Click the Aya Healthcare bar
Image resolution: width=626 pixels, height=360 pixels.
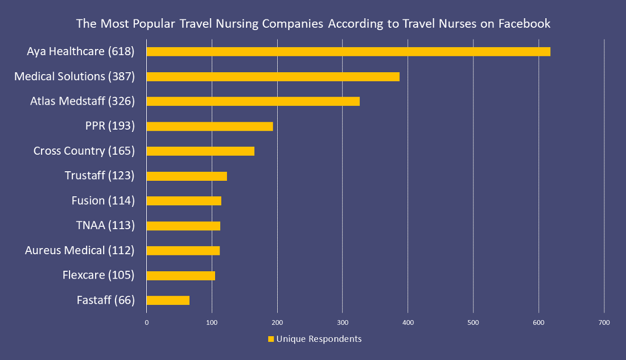click(x=348, y=52)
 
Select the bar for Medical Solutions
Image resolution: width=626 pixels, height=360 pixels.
click(x=273, y=77)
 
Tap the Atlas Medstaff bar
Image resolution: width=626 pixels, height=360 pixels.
click(x=253, y=101)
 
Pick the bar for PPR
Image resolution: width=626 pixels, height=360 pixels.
click(x=210, y=126)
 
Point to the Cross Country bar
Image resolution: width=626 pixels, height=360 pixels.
click(x=200, y=151)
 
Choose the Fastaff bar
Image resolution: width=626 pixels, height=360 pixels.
click(x=168, y=300)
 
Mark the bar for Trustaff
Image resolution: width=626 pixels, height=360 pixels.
click(x=187, y=176)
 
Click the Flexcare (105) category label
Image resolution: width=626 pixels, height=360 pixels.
click(x=98, y=275)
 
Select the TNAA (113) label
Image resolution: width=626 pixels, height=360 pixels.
click(x=105, y=225)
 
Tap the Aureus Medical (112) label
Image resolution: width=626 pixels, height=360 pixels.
click(x=80, y=250)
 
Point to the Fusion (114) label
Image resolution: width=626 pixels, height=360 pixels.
click(x=103, y=201)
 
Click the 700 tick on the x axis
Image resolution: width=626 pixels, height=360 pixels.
click(x=604, y=322)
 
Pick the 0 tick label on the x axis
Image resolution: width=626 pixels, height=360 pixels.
click(x=147, y=322)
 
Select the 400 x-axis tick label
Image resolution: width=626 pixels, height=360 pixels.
click(x=408, y=322)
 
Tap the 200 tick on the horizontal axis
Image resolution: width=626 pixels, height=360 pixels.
click(x=278, y=322)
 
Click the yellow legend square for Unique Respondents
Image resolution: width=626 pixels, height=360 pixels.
click(x=271, y=340)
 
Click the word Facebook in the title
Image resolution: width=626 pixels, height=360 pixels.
click(x=524, y=24)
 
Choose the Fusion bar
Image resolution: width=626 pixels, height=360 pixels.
click(x=184, y=201)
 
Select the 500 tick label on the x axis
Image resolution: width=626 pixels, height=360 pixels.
click(x=473, y=322)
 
